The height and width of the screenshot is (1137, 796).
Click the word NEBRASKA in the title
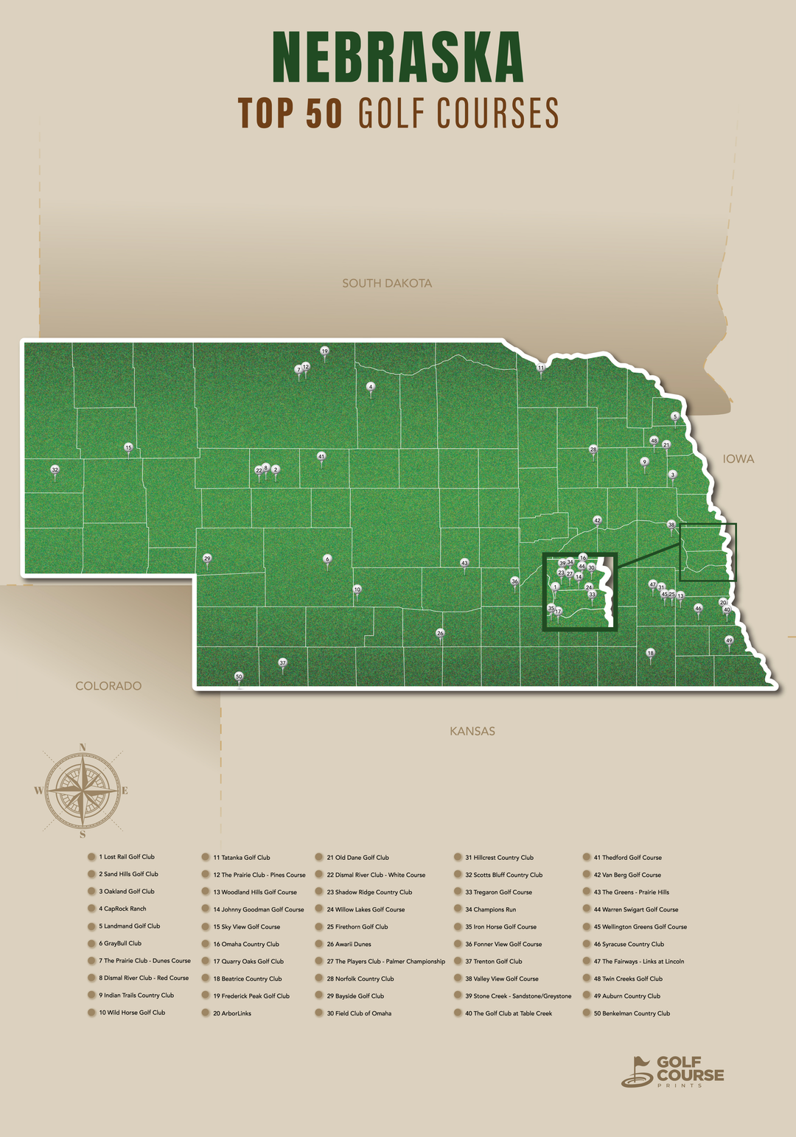point(398,57)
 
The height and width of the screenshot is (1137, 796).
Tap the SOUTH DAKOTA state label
point(387,283)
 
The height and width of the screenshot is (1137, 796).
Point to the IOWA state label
point(738,459)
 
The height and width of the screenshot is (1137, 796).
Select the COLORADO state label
point(108,686)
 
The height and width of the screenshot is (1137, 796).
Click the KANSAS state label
point(472,731)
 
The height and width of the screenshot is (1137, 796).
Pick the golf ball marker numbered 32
point(55,469)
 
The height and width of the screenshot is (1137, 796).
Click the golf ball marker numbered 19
point(324,351)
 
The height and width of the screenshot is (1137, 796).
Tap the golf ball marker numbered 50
point(239,676)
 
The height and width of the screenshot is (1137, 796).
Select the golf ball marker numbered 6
point(327,559)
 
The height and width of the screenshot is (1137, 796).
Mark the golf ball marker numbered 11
point(540,368)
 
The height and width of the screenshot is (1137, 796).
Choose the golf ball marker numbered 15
point(128,447)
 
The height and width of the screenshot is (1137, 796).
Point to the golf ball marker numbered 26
point(440,633)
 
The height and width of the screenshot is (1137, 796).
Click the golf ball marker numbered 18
point(650,653)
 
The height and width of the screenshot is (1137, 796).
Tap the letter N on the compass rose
point(83,747)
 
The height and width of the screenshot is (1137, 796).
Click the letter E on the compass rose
point(125,791)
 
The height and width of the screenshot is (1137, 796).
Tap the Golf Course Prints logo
point(672,1071)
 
